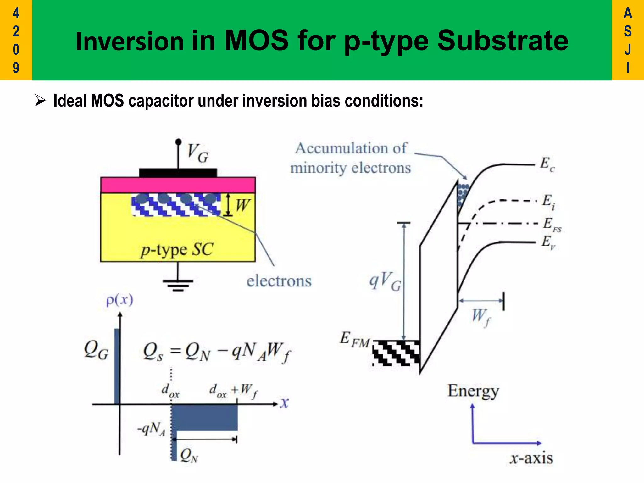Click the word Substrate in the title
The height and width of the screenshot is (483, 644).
502,41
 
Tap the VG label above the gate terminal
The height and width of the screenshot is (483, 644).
198,153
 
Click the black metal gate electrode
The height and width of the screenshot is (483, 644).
178,173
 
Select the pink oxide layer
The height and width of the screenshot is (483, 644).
178,185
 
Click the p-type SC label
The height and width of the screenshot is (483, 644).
177,250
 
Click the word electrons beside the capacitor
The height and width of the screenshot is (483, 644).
279,281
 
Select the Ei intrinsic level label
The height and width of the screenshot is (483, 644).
548,202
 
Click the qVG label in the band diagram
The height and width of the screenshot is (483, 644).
385,281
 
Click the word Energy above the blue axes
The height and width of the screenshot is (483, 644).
473,391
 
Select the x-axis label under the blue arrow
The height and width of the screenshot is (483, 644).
531,458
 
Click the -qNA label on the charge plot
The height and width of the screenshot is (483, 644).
152,429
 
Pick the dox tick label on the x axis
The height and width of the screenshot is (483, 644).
170,391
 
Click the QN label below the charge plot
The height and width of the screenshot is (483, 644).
189,455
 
